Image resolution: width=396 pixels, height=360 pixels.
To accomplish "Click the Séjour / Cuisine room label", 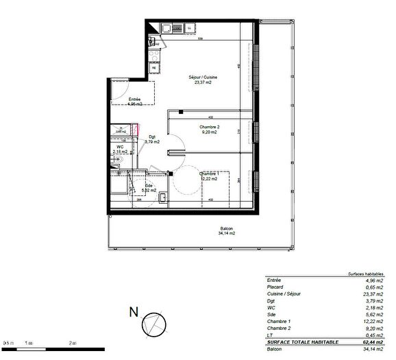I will (203, 77).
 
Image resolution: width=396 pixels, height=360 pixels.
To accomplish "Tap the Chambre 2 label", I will (209, 128).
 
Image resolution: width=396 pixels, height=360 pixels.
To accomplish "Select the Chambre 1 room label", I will (209, 174).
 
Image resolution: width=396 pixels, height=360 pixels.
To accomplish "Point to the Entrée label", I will (135, 100).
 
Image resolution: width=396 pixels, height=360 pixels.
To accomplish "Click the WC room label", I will (119, 147).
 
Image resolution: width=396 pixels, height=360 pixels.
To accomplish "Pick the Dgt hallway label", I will (151, 137).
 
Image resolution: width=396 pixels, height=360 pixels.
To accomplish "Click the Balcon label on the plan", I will (226, 229).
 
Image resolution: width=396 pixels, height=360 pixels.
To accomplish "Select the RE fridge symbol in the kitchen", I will (154, 69).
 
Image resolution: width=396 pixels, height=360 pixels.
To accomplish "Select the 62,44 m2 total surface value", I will (374, 341).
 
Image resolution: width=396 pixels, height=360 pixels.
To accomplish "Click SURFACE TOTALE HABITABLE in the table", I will (299, 341).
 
